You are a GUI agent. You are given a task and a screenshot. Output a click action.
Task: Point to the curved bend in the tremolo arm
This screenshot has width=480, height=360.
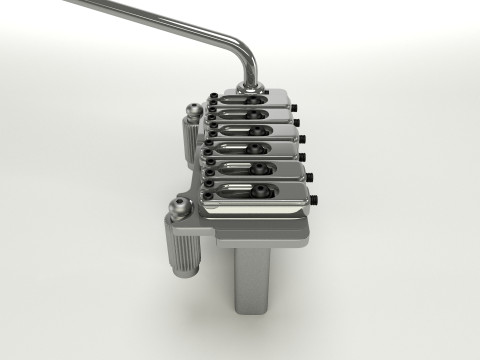242,50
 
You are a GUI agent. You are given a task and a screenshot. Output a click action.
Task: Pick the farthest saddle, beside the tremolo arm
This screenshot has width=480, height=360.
255,101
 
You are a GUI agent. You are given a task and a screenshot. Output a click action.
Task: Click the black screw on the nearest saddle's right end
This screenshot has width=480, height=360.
317,199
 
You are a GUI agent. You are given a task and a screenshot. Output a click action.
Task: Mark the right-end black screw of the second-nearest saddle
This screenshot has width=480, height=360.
311,177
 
